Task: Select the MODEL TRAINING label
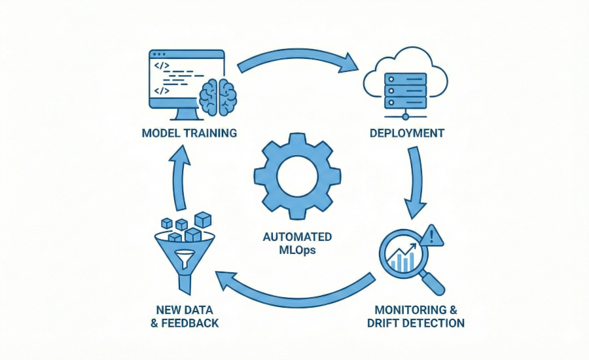point(188,134)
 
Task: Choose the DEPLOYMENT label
point(407,134)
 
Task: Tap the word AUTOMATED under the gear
point(297,236)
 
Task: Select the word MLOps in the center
point(297,249)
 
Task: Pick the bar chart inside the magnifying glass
point(402,260)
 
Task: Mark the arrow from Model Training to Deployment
point(298,62)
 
